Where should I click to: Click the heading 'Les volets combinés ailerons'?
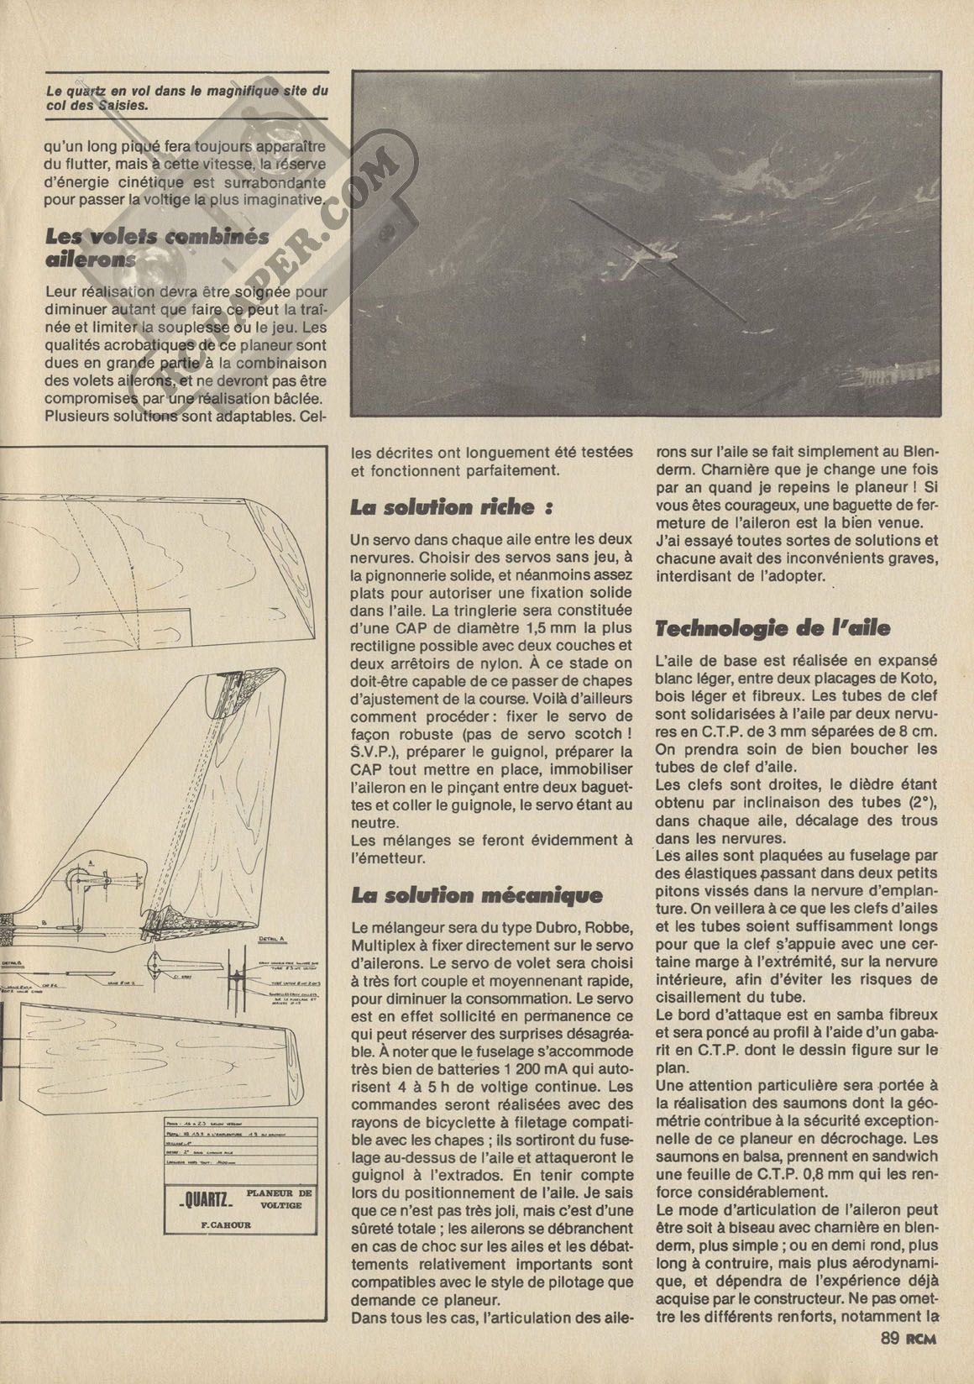pyautogui.click(x=157, y=247)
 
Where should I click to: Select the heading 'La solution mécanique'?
pyautogui.click(x=476, y=895)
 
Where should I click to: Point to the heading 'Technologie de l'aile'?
pyautogui.click(x=772, y=628)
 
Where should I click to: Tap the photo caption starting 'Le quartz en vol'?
pyautogui.click(x=186, y=98)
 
